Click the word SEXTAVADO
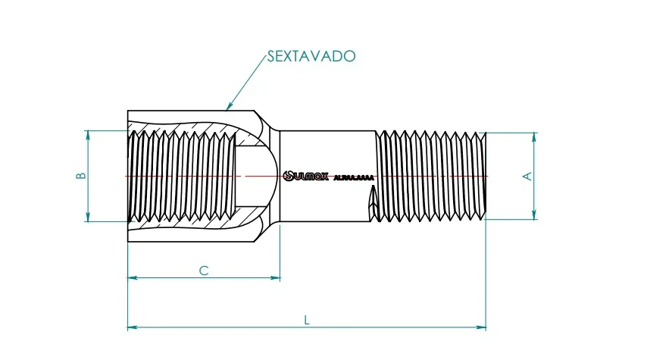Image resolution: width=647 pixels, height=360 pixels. coord(311,57)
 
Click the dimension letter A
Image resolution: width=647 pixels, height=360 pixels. coord(528,176)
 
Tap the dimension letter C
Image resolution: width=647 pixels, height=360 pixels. coord(203,271)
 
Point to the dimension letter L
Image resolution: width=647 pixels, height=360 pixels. coord(306,320)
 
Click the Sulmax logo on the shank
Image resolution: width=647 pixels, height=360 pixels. coord(306,176)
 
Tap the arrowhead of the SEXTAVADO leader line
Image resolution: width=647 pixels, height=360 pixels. coord(228,108)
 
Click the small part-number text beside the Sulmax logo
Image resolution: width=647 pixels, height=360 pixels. coord(354,178)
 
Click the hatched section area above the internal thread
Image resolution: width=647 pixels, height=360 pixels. coord(189,124)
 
